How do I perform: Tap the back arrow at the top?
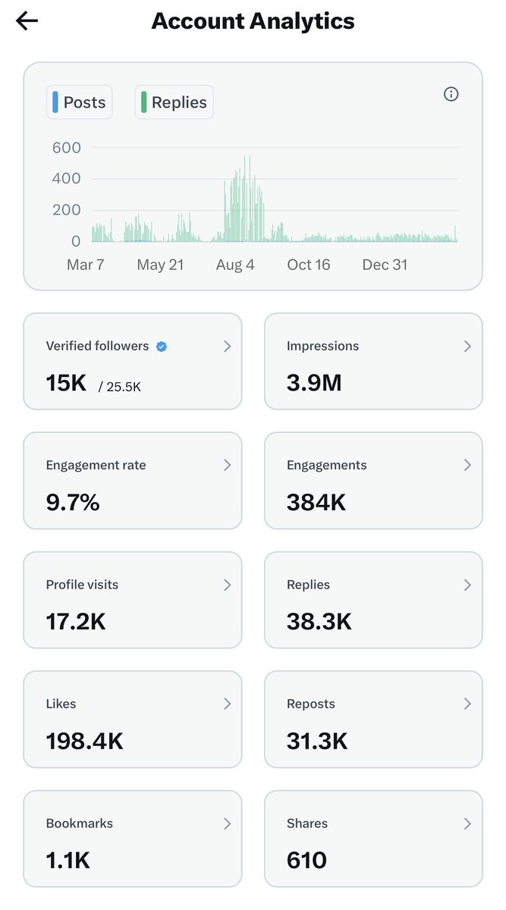click(27, 21)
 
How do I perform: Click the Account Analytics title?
click(253, 21)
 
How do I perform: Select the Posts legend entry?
click(80, 102)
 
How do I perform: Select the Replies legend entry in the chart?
click(174, 102)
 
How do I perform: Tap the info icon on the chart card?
click(451, 94)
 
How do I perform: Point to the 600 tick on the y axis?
click(66, 148)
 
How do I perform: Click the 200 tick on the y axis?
click(66, 210)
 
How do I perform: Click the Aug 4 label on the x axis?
click(235, 265)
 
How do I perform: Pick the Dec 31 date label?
click(385, 265)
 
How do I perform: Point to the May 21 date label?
click(161, 265)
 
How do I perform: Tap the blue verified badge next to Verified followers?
click(162, 347)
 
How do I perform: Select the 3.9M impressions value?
click(314, 383)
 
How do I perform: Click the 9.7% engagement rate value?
click(73, 502)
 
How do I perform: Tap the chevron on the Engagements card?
click(467, 466)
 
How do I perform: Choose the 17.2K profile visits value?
click(76, 622)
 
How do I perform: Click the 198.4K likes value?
click(84, 741)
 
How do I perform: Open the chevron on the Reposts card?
click(467, 704)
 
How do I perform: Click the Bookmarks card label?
click(80, 824)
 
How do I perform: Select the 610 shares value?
click(306, 860)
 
